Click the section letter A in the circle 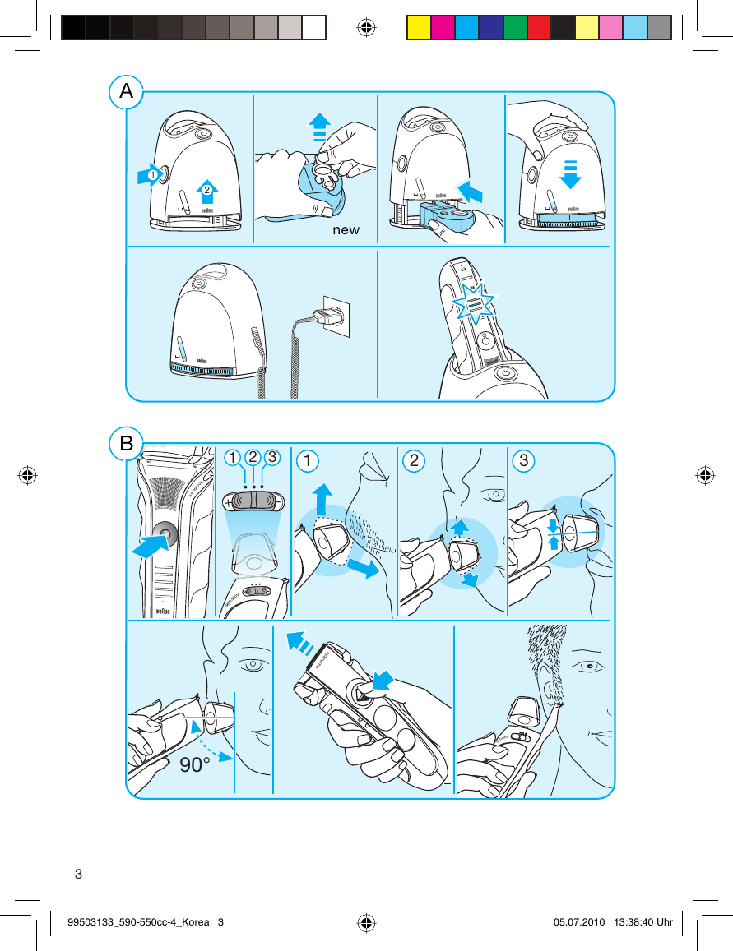click(126, 92)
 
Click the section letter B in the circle click(126, 445)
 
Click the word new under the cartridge click(346, 230)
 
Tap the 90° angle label click(196, 765)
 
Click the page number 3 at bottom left click(79, 873)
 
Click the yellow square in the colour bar click(419, 28)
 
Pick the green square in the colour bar click(515, 28)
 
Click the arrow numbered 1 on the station click(149, 175)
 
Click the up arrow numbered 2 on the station click(207, 189)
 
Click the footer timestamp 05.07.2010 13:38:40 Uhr click(613, 922)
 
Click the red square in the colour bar click(539, 28)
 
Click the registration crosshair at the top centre click(366, 28)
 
